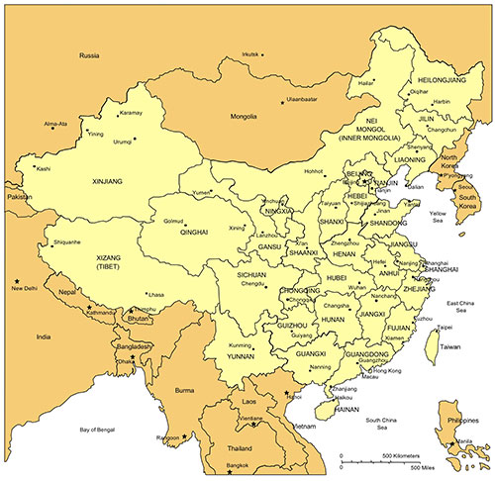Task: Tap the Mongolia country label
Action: (244, 116)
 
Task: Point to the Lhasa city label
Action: (154, 294)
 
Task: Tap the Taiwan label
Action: (450, 347)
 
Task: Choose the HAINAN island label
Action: (345, 406)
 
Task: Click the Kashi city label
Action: (43, 168)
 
